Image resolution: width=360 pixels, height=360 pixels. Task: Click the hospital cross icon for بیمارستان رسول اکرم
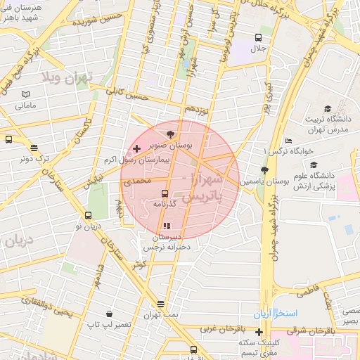coord(136,149)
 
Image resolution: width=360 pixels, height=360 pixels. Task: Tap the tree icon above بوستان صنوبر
coord(171,133)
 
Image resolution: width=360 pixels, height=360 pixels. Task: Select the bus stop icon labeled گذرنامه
coord(165,193)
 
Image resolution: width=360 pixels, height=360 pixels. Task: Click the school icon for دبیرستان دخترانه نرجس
coord(167,226)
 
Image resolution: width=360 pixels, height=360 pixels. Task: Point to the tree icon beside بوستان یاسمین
coord(264,171)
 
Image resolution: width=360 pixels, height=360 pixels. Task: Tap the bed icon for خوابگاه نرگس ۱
coord(288,141)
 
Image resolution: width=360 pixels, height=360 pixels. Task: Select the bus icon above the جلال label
coord(259,38)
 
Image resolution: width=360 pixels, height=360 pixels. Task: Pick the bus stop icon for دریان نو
coord(88,216)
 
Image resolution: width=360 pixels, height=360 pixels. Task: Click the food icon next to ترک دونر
coord(34,148)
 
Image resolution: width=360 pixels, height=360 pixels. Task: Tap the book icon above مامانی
coord(25,94)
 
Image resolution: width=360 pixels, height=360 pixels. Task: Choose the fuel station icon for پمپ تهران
coord(161,304)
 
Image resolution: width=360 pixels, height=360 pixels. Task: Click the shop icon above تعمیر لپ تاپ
coord(109,314)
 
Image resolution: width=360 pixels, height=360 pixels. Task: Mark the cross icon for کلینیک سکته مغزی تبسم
coord(259,333)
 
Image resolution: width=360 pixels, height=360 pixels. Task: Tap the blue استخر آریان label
coord(278,312)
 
